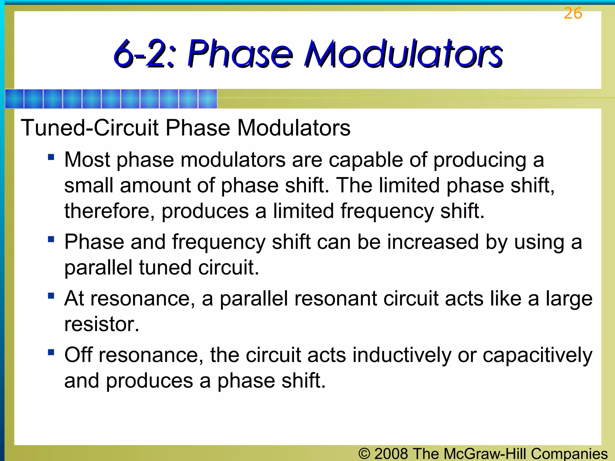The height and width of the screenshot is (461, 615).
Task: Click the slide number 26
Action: pos(573,14)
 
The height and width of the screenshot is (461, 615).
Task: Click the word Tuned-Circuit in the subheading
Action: pos(89,128)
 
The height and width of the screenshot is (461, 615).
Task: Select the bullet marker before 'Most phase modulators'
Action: pos(51,157)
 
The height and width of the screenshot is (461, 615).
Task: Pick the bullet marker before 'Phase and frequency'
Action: pos(51,239)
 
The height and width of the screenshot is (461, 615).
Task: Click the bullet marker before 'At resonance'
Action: pos(51,296)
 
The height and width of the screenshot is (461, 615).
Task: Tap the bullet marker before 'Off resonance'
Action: pos(51,352)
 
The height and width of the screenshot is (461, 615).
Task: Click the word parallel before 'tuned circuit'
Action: pos(98,268)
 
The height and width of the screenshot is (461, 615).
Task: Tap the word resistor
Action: pos(101,324)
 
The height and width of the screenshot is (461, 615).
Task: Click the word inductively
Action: pos(402,355)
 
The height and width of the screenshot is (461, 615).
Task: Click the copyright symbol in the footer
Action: pos(364,453)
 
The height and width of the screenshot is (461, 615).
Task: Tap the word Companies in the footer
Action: pos(569,454)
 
